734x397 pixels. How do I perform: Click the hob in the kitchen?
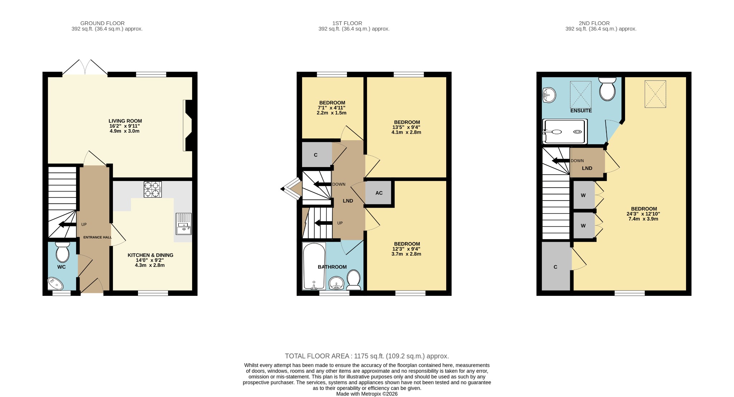click(x=152, y=189)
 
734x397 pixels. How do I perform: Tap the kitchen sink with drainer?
click(x=183, y=224)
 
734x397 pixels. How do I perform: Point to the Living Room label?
click(x=125, y=121)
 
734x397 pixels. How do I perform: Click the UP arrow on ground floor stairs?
click(x=67, y=225)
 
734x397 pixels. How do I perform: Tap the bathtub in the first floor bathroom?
click(x=314, y=266)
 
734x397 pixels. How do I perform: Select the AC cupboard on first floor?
click(x=378, y=193)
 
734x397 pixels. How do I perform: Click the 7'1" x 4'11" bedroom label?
click(x=332, y=108)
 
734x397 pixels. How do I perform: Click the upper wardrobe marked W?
click(x=583, y=195)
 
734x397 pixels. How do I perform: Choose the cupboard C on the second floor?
click(x=555, y=267)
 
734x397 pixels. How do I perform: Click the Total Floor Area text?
click(x=367, y=356)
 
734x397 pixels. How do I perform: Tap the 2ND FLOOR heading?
click(x=594, y=23)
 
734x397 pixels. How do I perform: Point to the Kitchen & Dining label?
click(x=150, y=255)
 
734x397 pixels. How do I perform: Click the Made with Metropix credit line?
click(x=367, y=394)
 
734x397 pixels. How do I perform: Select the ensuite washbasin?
click(x=548, y=95)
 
